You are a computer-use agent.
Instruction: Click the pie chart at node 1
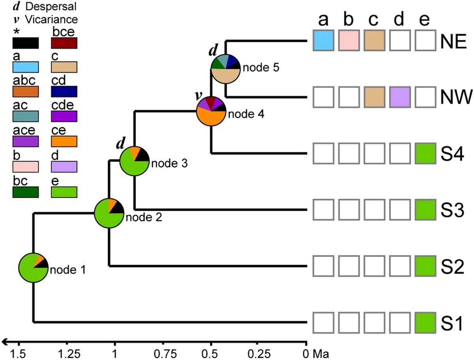point(33,268)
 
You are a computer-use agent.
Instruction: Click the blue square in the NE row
point(324,40)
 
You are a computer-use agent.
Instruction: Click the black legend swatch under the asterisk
point(25,43)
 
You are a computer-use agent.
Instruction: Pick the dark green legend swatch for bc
point(25,191)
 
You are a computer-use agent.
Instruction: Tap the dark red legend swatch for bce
point(64,43)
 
